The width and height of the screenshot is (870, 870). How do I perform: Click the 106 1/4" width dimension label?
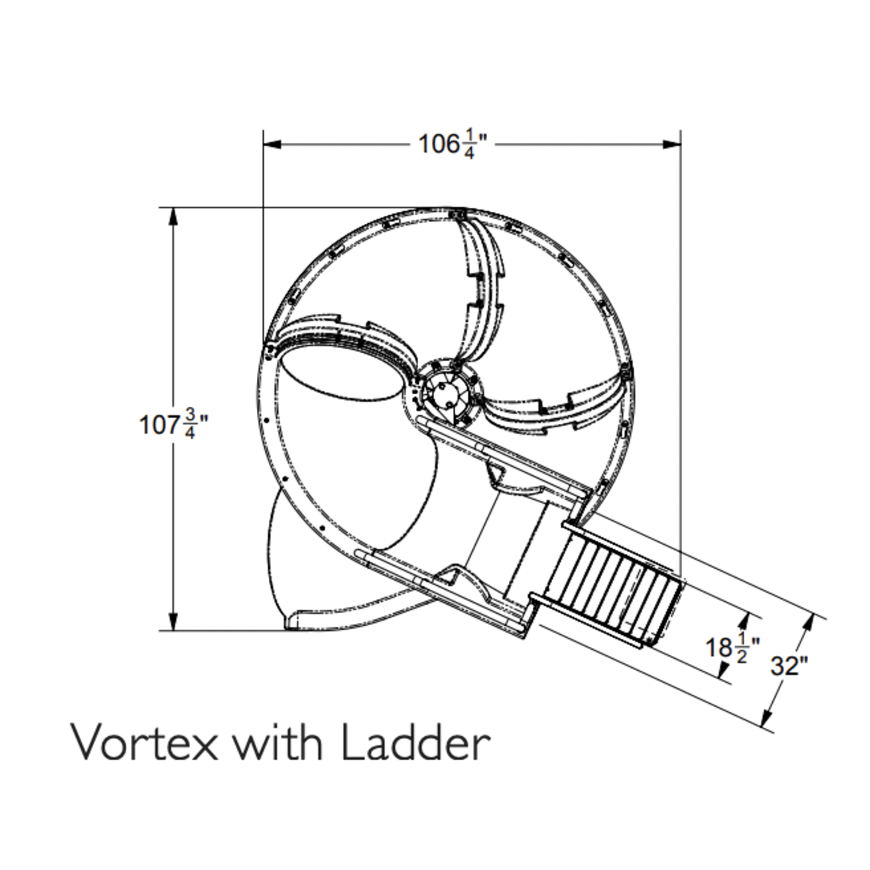pyautogui.click(x=453, y=144)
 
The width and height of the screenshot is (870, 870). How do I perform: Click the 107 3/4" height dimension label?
pyautogui.click(x=174, y=424)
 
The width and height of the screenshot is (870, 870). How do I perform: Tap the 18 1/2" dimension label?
pyautogui.click(x=732, y=648)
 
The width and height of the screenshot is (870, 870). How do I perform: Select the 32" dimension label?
pyautogui.click(x=790, y=665)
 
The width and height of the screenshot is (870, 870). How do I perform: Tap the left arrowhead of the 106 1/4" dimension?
pyautogui.click(x=272, y=144)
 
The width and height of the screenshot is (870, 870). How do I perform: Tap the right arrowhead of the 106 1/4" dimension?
pyautogui.click(x=672, y=144)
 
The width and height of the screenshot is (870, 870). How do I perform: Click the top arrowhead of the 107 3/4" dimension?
pyautogui.click(x=172, y=217)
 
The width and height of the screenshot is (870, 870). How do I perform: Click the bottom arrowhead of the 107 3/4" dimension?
pyautogui.click(x=172, y=621)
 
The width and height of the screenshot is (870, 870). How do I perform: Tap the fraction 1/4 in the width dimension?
pyautogui.click(x=469, y=144)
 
